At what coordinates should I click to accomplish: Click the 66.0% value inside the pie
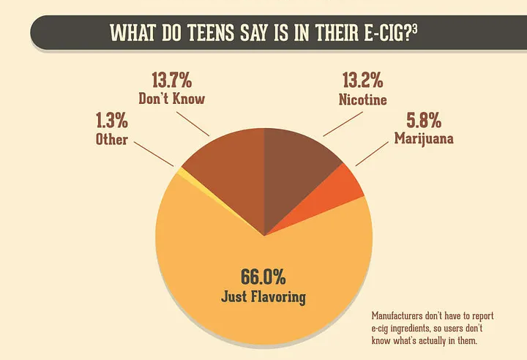[x=263, y=277]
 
